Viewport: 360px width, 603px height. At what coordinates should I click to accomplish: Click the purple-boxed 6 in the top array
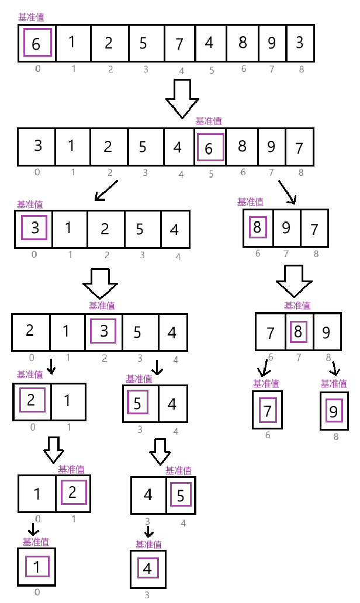point(36,43)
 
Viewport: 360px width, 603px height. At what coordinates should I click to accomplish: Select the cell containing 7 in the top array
point(179,43)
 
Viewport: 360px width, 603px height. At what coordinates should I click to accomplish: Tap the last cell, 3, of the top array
point(299,43)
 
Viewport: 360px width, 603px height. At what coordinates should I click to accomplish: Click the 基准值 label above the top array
point(31,18)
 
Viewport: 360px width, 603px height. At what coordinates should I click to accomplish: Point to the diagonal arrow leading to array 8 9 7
point(287,191)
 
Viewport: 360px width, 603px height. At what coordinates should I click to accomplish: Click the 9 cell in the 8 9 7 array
point(286,227)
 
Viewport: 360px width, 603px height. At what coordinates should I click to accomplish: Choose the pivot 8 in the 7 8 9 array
point(298,332)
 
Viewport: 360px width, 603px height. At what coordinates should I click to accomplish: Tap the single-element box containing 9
point(333,411)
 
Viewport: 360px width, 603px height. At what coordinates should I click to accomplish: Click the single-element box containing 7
point(268,411)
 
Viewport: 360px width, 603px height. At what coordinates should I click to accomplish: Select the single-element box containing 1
point(37,567)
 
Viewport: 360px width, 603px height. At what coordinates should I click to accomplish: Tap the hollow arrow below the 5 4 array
point(160,449)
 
